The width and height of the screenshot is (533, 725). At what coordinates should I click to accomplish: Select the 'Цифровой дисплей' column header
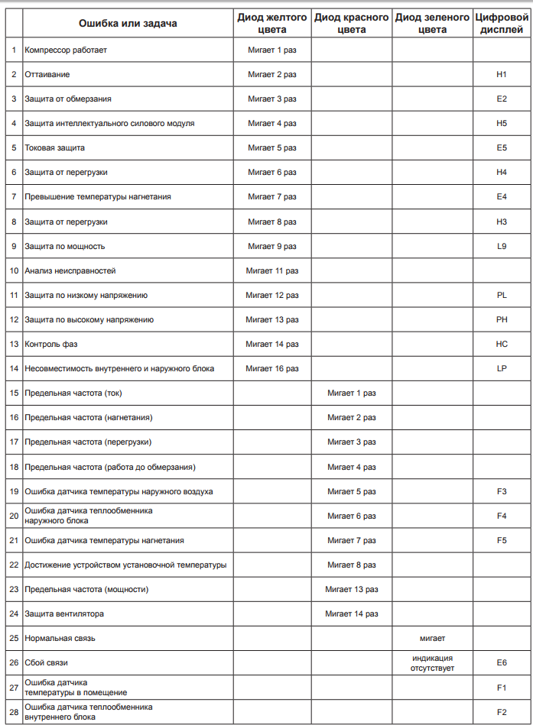502,24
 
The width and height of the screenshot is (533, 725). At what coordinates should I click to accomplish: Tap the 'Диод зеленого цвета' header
432,24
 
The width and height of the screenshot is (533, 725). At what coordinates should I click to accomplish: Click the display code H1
502,75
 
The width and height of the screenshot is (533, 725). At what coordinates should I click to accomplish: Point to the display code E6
502,663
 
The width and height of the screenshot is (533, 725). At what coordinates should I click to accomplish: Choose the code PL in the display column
502,295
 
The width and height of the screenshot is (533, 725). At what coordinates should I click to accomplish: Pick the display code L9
502,246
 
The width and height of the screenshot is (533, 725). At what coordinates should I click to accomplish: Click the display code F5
502,540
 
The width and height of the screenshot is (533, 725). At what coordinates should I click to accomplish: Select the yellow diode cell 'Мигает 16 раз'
272,369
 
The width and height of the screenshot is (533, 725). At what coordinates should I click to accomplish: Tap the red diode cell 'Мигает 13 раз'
352,589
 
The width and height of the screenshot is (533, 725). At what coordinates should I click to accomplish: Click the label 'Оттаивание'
47,75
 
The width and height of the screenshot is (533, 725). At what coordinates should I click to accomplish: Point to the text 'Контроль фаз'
51,344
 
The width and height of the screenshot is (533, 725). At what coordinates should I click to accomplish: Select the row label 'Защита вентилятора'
64,613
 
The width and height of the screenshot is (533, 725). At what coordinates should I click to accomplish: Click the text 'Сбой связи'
47,663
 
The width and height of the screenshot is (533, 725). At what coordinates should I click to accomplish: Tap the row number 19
14,491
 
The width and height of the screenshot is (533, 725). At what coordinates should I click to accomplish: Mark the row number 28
14,712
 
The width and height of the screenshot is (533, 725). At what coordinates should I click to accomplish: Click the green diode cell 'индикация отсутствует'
432,663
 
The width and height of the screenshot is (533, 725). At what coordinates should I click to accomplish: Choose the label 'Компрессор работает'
66,50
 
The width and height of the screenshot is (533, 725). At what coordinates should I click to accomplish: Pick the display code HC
502,344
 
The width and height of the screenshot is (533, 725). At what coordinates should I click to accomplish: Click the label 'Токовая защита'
55,148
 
